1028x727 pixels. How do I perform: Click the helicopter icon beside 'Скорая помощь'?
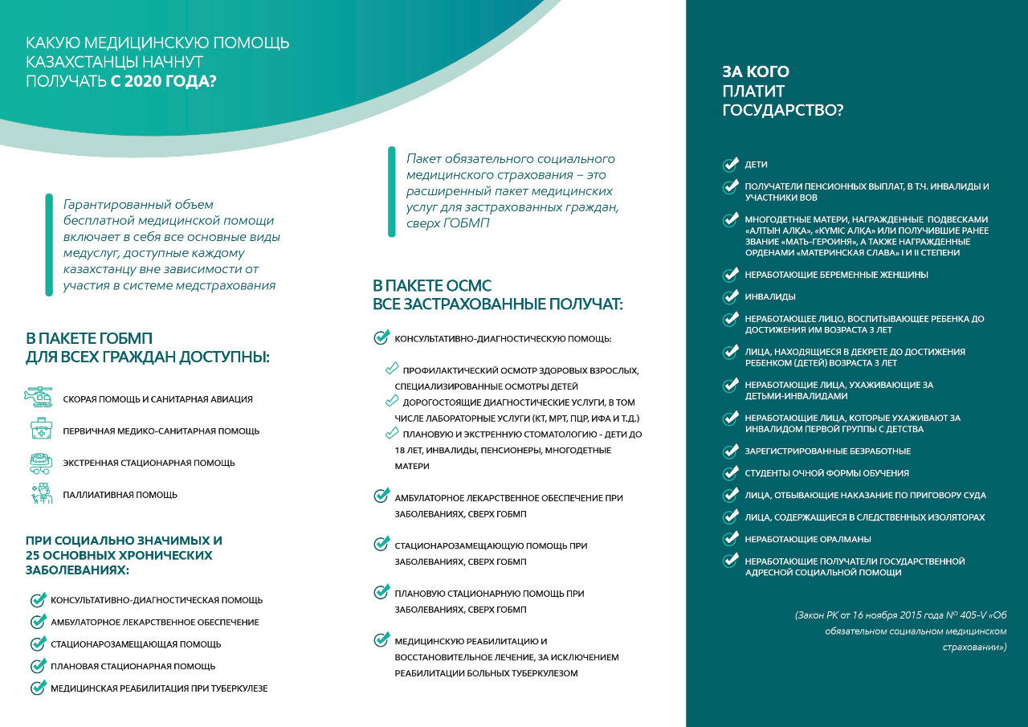click(x=39, y=398)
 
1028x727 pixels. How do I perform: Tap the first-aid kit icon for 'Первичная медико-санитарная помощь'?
click(x=40, y=429)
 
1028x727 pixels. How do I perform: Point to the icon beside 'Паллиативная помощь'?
click(x=40, y=494)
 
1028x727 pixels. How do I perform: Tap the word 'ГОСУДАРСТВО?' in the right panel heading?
click(x=783, y=111)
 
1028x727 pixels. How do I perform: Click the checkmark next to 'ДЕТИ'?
click(x=730, y=165)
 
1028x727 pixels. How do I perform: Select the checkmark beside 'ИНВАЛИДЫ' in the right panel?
click(x=730, y=297)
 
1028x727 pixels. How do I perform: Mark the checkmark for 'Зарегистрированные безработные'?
click(x=730, y=451)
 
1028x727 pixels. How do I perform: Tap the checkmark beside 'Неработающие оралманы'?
click(x=730, y=539)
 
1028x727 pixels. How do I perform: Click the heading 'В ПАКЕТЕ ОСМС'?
click(x=431, y=286)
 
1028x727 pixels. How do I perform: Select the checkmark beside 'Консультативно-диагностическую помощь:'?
click(x=381, y=338)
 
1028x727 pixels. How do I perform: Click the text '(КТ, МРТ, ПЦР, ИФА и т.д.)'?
click(x=586, y=419)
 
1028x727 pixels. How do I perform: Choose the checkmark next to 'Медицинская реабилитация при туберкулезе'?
click(x=38, y=688)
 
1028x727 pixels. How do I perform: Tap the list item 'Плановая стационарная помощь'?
click(x=133, y=666)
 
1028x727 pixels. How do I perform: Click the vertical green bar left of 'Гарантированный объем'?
click(x=49, y=245)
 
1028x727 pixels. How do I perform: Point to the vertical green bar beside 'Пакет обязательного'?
click(x=391, y=191)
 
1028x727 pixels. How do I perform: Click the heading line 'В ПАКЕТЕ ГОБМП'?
click(x=89, y=338)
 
